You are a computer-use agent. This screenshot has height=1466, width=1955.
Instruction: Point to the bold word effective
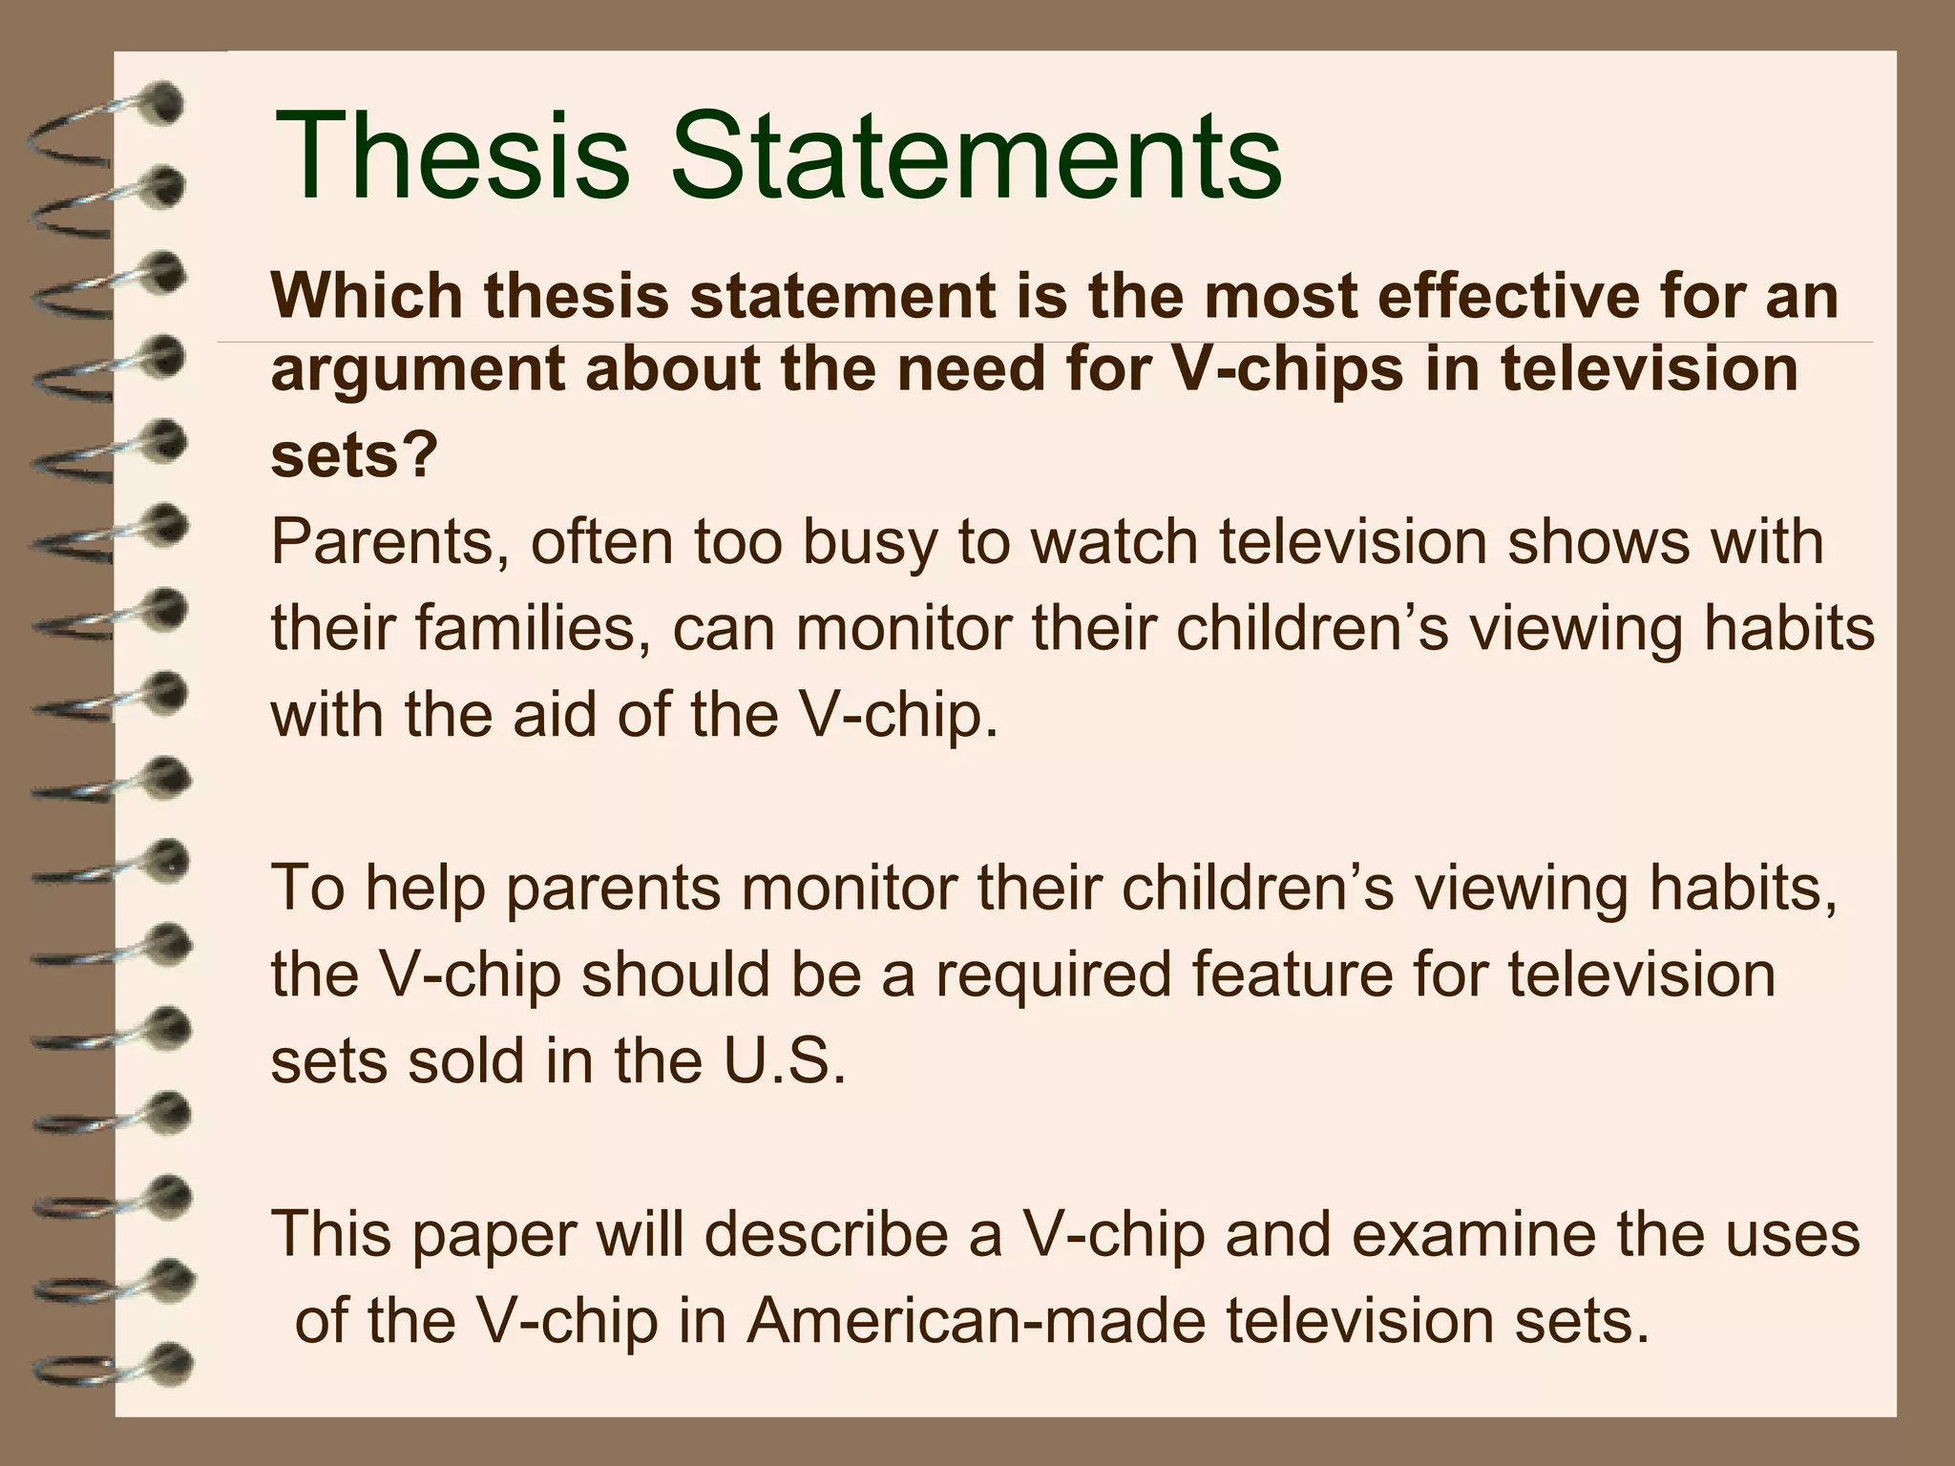point(1524,296)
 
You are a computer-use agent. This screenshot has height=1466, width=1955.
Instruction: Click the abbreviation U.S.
point(785,1060)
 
